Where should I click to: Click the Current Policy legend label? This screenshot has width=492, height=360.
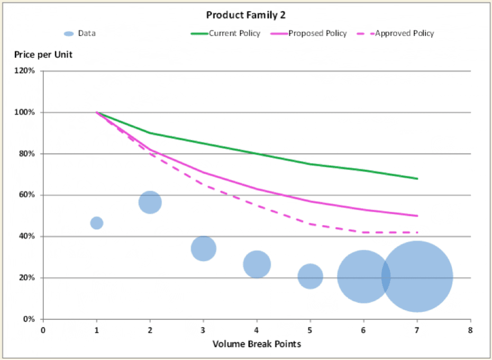(x=234, y=33)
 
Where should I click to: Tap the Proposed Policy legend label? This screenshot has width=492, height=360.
(x=317, y=33)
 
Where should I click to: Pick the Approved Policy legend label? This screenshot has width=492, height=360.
(x=404, y=33)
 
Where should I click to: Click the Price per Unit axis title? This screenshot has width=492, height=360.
(x=43, y=55)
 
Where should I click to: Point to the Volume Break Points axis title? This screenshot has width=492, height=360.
(x=257, y=344)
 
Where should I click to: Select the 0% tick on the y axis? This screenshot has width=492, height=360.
(x=29, y=319)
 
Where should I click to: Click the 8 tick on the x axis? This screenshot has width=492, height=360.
(x=470, y=329)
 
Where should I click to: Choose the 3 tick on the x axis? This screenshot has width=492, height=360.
(x=203, y=329)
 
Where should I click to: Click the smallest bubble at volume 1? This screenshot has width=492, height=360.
(x=97, y=223)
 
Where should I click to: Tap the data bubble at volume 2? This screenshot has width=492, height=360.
(x=150, y=202)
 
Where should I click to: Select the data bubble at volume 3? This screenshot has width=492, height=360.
(x=204, y=248)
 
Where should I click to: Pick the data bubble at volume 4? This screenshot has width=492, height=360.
(x=257, y=264)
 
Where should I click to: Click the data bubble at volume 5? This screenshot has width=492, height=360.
(x=311, y=276)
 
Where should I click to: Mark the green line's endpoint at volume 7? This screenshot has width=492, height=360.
(x=417, y=178)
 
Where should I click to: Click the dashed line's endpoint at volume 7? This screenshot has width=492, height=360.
(x=417, y=232)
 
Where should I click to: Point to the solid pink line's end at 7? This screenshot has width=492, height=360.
(x=417, y=215)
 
